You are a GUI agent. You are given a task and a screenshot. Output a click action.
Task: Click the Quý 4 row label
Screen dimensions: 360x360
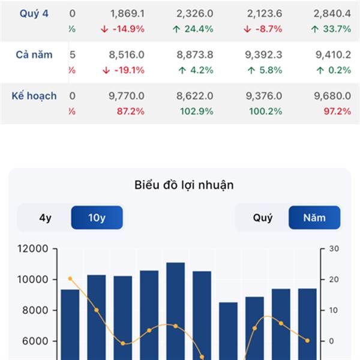coord(34,13)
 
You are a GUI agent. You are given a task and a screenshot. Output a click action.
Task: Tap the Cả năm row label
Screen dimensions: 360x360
coord(34,55)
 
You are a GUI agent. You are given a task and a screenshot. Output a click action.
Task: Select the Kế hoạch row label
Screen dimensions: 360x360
coord(34,95)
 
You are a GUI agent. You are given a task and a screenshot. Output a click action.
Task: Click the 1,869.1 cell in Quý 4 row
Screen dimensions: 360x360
coord(127,13)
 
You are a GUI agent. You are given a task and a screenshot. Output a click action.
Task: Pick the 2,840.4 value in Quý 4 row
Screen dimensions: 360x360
coord(331,13)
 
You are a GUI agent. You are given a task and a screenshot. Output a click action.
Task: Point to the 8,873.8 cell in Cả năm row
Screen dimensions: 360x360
coord(195,55)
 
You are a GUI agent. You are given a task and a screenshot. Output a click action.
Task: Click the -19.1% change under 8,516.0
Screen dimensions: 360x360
coord(124,70)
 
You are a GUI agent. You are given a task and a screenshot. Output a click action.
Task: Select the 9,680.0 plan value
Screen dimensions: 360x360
coord(331,95)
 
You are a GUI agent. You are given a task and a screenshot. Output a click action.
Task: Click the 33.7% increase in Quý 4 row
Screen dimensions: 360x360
coord(331,29)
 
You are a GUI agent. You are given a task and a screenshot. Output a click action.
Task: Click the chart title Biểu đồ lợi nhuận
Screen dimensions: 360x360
coord(184,185)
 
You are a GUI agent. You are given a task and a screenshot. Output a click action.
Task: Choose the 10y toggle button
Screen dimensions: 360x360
coord(97,218)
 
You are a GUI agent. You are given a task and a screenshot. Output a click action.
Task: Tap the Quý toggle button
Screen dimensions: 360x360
coord(262,218)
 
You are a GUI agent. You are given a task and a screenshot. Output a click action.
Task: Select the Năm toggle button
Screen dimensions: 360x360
coord(314,218)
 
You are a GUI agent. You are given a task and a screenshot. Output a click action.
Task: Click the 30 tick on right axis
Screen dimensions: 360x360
coord(334,249)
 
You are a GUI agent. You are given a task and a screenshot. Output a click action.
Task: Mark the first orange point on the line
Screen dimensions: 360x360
coord(70,278)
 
